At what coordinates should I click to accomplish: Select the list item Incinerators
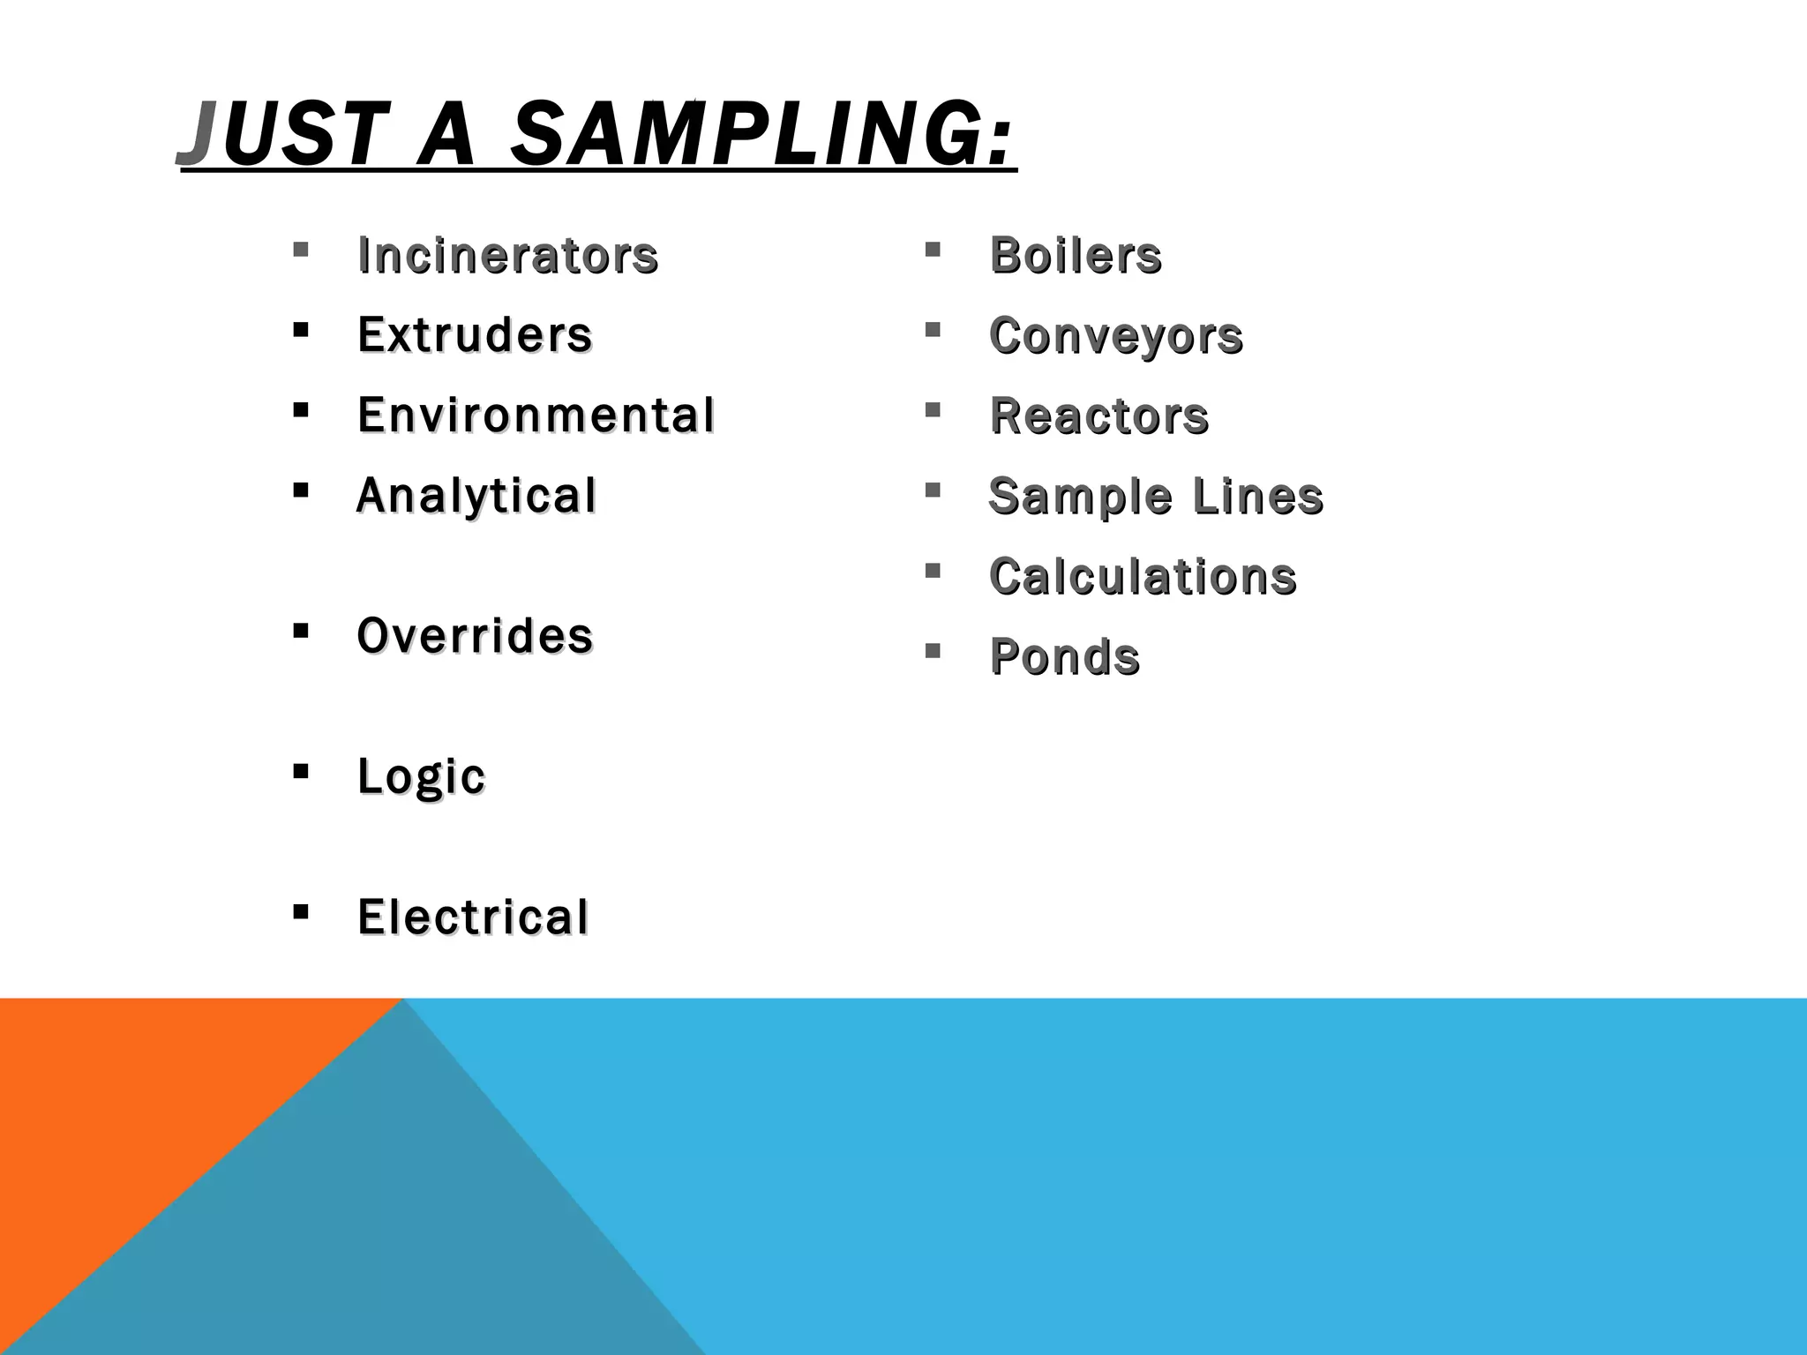click(507, 256)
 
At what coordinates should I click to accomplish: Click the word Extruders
click(475, 335)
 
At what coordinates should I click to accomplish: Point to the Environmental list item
click(536, 415)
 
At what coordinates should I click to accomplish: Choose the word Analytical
click(476, 496)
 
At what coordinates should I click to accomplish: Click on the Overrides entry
click(475, 636)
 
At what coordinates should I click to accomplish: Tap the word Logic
click(421, 777)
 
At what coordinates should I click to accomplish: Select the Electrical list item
click(473, 917)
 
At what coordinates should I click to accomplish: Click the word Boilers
click(1076, 256)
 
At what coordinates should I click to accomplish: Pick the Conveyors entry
click(1116, 336)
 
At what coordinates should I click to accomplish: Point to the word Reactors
click(1098, 416)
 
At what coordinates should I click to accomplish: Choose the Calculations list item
click(1143, 577)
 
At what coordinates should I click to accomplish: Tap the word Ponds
click(1065, 657)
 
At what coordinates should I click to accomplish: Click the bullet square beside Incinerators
click(301, 250)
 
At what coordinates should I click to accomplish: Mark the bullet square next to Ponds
click(933, 651)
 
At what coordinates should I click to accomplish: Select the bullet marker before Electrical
click(301, 911)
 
